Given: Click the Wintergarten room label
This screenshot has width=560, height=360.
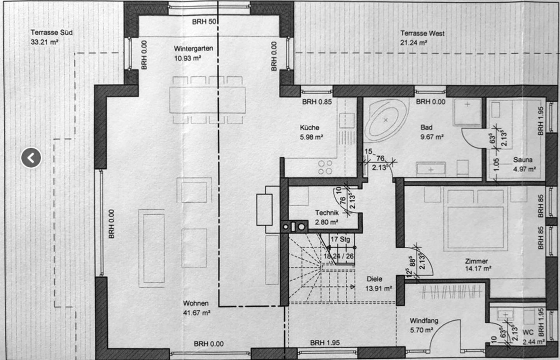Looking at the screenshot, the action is click(x=194, y=48).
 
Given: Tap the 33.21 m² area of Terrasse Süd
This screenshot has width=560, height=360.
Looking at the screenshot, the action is click(x=44, y=42).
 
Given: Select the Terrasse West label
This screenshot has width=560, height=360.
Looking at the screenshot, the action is click(x=422, y=33).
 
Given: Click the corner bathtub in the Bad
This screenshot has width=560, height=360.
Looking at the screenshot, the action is click(x=385, y=121).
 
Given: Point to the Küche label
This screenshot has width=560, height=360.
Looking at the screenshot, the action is click(x=310, y=128).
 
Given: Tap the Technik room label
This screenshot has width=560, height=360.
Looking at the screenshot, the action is click(x=327, y=212).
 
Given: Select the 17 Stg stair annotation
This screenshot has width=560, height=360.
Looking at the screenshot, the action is click(x=340, y=239).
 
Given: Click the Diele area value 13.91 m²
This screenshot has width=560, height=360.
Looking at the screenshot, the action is click(x=378, y=288).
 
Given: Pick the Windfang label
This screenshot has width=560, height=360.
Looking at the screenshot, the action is click(x=424, y=320).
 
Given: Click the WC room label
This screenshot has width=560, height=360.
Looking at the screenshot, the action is click(x=528, y=332).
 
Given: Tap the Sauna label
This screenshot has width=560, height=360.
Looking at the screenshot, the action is click(x=523, y=160).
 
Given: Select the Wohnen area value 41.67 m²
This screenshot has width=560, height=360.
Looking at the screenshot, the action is click(x=196, y=313).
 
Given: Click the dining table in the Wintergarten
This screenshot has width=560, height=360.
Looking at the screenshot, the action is click(x=207, y=100).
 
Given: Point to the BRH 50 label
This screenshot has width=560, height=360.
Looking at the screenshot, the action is click(x=204, y=22).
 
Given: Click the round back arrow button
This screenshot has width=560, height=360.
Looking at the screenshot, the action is click(x=31, y=158).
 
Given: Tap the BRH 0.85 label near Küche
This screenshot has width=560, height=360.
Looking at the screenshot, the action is click(x=317, y=102).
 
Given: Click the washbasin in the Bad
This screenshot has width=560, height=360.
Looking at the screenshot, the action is click(x=430, y=169).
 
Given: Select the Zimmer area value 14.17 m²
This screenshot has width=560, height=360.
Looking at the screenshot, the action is click(x=478, y=269).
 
